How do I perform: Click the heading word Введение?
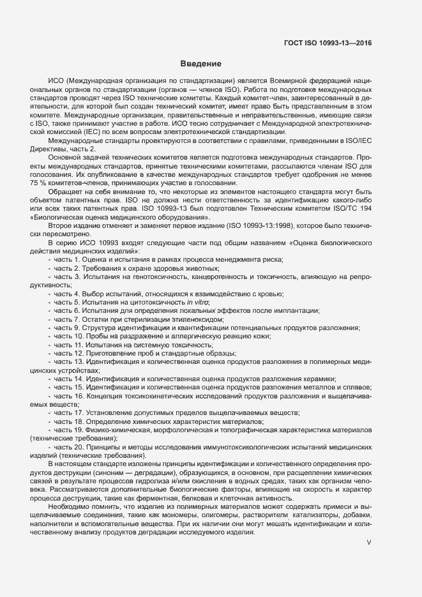pos(200,64)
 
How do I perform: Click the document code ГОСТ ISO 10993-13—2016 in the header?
pos(328,43)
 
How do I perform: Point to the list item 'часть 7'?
pos(66,319)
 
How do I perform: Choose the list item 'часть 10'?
pos(68,336)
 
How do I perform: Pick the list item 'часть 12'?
pos(68,354)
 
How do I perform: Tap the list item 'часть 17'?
pos(68,412)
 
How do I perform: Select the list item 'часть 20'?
pos(68,447)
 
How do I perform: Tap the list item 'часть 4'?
pos(66,293)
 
